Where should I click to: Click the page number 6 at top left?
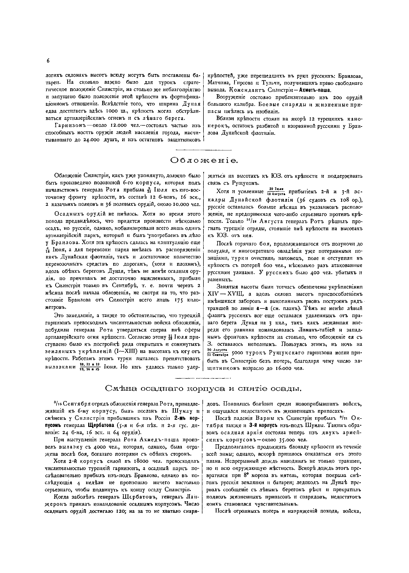coord(48,61)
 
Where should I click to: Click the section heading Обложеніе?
coord(204,160)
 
